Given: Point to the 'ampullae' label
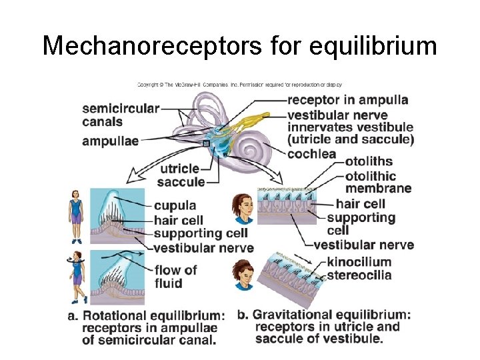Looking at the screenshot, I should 111,141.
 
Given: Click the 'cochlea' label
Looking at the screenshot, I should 311,154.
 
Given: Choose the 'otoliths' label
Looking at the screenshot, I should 369,161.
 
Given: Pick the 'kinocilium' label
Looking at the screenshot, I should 359,262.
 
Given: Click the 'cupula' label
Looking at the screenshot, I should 175,205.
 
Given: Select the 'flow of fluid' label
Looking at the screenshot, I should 175,276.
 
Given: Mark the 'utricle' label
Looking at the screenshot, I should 179,169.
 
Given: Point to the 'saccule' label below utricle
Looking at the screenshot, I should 181,182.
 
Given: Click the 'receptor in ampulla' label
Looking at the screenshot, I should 347,100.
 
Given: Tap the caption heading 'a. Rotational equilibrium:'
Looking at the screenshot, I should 146,315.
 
